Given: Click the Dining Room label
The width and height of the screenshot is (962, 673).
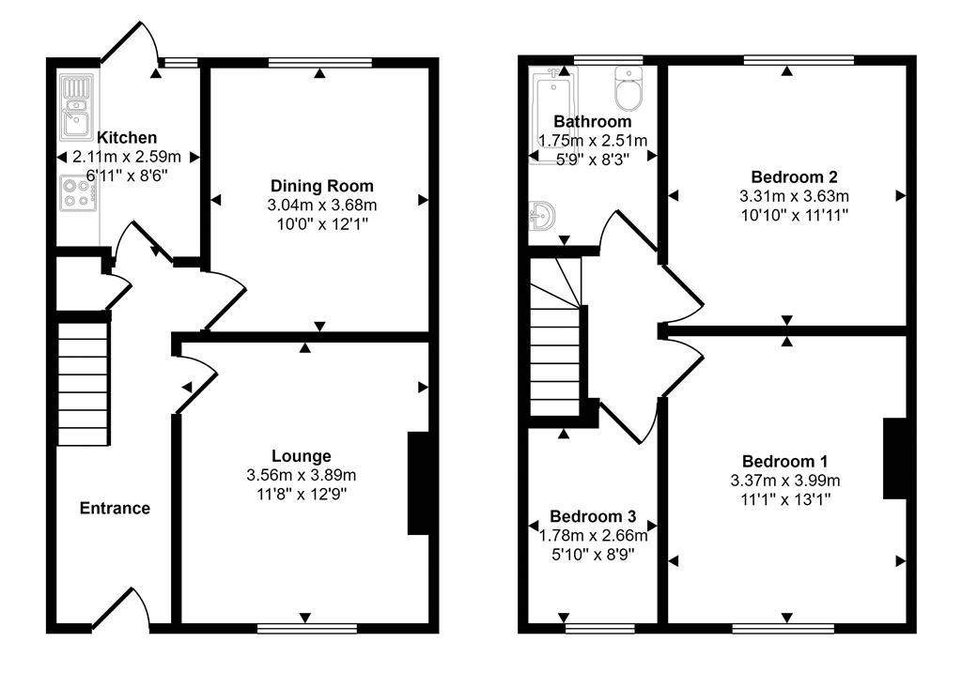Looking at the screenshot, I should pyautogui.click(x=322, y=186).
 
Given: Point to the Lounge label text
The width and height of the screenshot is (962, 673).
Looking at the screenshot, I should pyautogui.click(x=302, y=456).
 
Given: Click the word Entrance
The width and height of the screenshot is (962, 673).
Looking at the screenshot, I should pyautogui.click(x=115, y=509).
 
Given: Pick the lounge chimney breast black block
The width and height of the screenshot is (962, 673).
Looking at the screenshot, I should pyautogui.click(x=418, y=482).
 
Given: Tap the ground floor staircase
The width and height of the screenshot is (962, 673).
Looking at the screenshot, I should pyautogui.click(x=84, y=384).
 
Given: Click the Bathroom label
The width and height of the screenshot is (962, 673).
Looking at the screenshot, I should pyautogui.click(x=593, y=122).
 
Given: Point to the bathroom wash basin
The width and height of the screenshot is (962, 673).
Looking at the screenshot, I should pyautogui.click(x=542, y=217).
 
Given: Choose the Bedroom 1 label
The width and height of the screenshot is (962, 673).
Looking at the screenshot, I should pyautogui.click(x=784, y=462).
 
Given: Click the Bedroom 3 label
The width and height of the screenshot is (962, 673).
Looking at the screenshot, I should pyautogui.click(x=593, y=517).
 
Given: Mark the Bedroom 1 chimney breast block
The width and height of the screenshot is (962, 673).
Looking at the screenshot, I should pyautogui.click(x=893, y=458).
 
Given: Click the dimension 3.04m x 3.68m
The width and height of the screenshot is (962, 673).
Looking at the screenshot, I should pyautogui.click(x=322, y=205).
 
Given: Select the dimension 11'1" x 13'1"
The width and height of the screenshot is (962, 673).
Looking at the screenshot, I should pyautogui.click(x=784, y=499).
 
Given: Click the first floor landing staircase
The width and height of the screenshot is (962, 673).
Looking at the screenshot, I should pyautogui.click(x=555, y=347).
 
